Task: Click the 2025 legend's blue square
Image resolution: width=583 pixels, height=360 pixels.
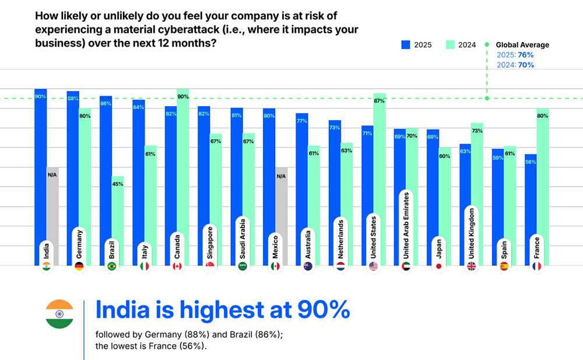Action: [406, 45]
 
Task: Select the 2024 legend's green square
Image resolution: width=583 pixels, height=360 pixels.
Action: [450, 45]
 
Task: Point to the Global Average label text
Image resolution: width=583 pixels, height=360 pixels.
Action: [522, 45]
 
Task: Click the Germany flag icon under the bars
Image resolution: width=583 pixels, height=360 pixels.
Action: [79, 266]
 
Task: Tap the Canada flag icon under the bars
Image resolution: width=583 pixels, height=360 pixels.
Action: [177, 266]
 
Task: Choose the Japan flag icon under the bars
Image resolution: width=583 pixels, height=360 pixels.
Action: [438, 266]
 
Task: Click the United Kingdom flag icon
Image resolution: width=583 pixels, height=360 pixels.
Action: [471, 266]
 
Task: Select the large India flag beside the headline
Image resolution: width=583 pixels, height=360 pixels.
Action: [59, 314]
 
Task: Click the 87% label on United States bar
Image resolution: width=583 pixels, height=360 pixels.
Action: [379, 102]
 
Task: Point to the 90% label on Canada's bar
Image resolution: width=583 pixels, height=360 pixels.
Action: [182, 97]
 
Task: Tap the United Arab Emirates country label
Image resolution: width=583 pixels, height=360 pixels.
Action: [406, 225]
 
